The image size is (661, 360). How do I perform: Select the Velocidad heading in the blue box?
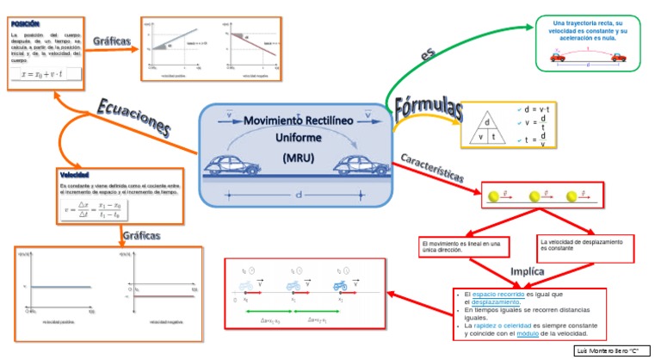tap(75, 175)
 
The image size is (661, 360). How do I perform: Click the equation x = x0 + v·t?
tap(43, 74)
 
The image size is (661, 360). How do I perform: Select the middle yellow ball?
tap(535, 196)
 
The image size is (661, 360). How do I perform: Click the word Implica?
tap(527, 271)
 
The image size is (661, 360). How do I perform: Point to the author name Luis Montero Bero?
tap(612, 351)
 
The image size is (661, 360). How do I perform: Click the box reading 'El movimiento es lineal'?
tap(462, 247)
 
